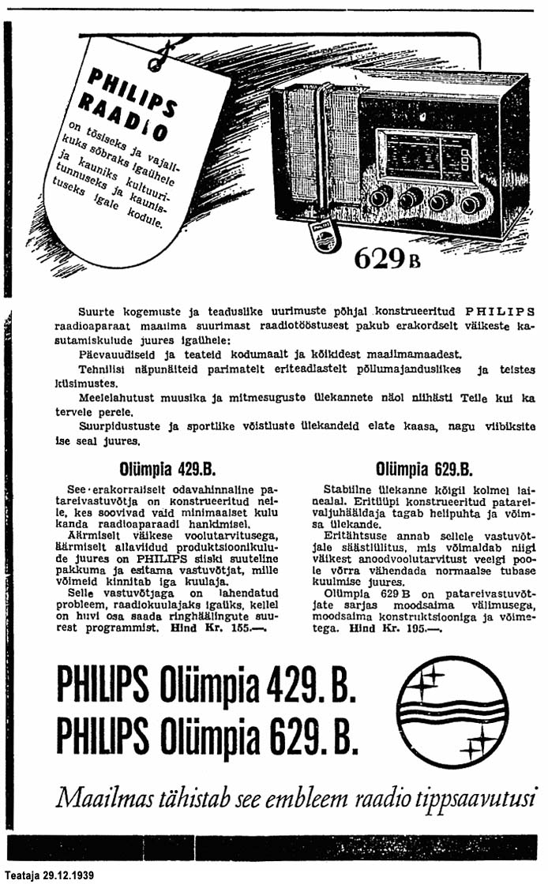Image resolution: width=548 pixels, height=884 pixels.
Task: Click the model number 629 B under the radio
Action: [x=386, y=258]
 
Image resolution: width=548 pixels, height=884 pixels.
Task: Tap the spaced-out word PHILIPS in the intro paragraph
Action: [x=495, y=309]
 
